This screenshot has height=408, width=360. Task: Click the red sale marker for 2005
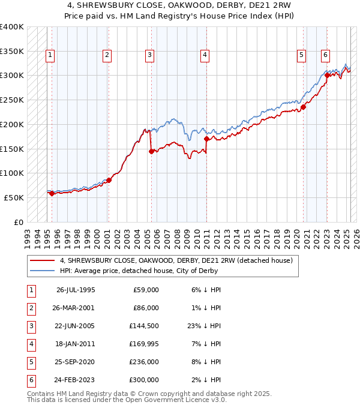151,152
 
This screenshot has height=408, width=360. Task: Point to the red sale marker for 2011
206,139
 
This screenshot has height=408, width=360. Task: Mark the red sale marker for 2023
327,76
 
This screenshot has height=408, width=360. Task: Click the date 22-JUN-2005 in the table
76,325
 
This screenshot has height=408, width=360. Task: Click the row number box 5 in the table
31,362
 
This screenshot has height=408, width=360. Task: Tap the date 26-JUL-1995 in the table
76,290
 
